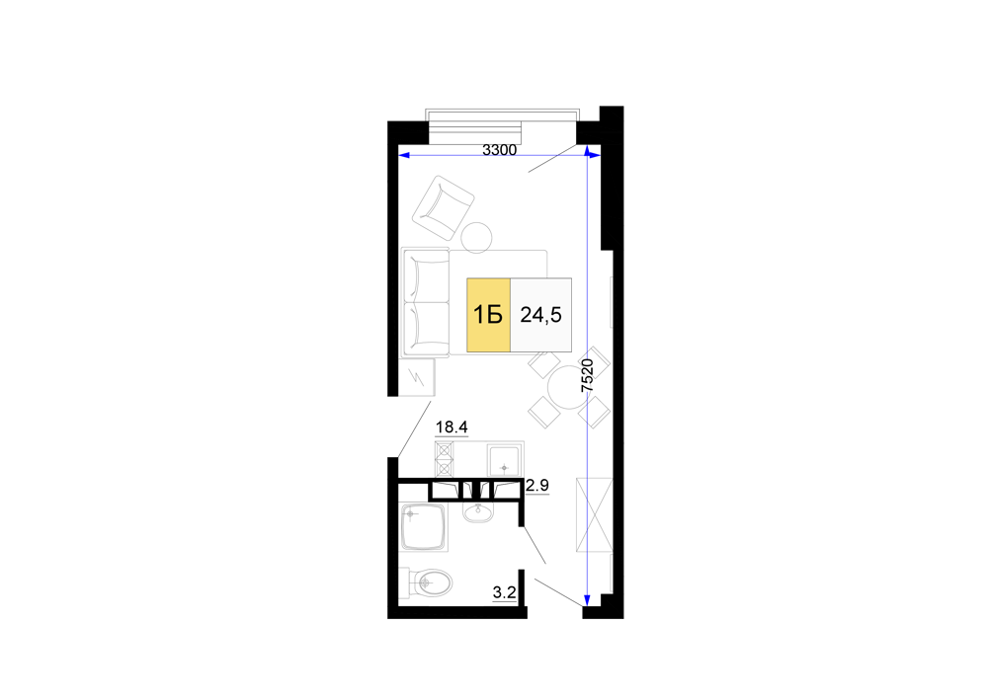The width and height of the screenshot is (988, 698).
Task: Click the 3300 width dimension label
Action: (499, 150)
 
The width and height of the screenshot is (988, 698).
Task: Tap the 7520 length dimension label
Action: (587, 376)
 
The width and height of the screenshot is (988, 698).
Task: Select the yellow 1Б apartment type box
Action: (488, 315)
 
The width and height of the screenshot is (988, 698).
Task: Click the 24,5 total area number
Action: (540, 315)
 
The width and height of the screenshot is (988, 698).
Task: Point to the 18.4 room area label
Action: (452, 427)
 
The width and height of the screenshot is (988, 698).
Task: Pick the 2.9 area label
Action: (537, 486)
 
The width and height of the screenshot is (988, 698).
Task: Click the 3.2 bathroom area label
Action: (504, 592)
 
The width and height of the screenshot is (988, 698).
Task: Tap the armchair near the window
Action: (443, 207)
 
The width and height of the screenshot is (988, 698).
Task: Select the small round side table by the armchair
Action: (476, 238)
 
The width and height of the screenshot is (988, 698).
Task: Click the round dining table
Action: (568, 388)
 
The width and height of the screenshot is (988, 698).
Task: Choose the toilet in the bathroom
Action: (427, 582)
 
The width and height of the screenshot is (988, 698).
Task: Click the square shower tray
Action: (423, 527)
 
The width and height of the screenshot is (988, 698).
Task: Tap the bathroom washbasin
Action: (478, 511)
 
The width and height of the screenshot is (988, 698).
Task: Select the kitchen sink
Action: (505, 461)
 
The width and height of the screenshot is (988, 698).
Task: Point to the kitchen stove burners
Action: (445, 459)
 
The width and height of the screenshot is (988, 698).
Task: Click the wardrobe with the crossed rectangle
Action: (594, 514)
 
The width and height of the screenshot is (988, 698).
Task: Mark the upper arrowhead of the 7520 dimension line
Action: (587, 152)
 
